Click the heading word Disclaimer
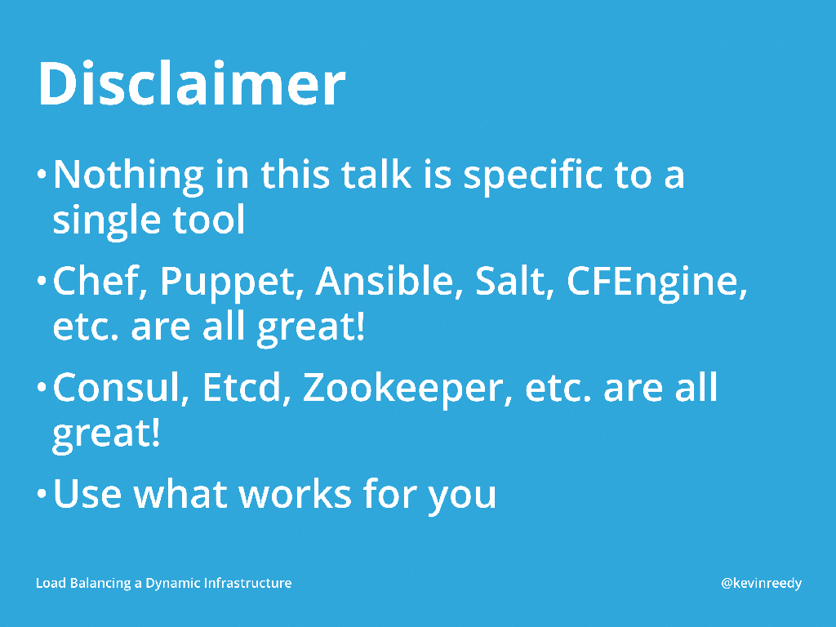click(x=192, y=83)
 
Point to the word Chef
click(x=100, y=281)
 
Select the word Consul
click(x=121, y=388)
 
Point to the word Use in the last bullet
click(x=87, y=494)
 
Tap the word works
click(x=295, y=494)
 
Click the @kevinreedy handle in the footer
click(x=762, y=583)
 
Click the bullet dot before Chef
click(x=42, y=281)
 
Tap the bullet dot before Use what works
click(x=42, y=493)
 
